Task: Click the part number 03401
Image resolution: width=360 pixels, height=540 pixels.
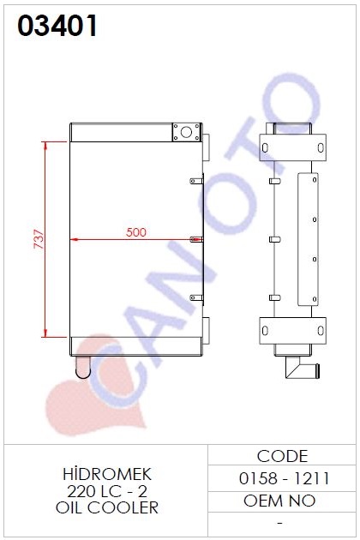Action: coord(57,26)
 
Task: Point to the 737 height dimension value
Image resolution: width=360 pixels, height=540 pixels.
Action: coord(39,238)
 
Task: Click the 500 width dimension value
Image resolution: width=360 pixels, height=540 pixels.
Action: coord(135,232)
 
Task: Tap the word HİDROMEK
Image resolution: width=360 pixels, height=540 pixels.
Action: coord(107,474)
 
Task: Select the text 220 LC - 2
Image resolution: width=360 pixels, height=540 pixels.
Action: coord(107,491)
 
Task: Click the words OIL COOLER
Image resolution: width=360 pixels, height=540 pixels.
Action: coord(107,507)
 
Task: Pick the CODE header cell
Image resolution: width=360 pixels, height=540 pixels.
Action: coord(282,456)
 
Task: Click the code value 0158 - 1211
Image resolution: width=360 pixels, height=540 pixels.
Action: coord(285,478)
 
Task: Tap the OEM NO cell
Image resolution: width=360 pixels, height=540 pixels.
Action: coord(279,501)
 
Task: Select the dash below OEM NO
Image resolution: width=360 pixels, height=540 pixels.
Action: coord(280,523)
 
